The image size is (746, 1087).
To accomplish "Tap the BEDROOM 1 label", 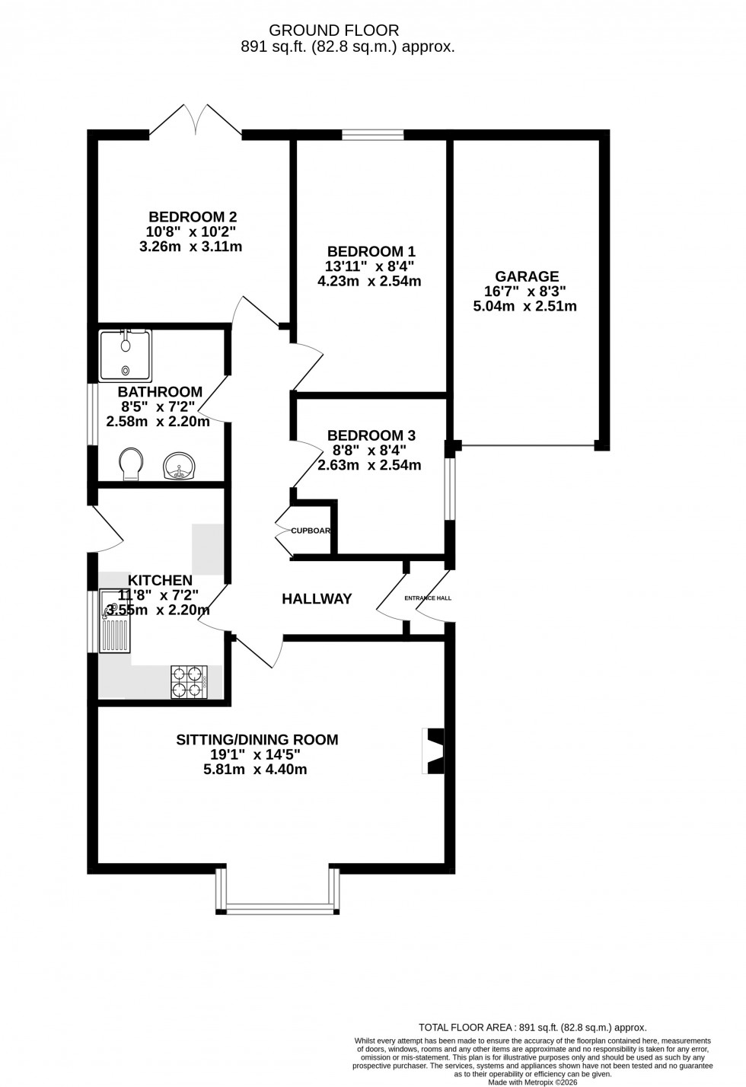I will pyautogui.click(x=371, y=251).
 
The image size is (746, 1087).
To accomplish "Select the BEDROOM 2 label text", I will pyautogui.click(x=187, y=216).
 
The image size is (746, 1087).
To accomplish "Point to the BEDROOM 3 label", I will pyautogui.click(x=371, y=435).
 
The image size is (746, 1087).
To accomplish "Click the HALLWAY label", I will pyautogui.click(x=317, y=599).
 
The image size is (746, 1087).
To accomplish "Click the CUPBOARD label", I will pyautogui.click(x=310, y=531).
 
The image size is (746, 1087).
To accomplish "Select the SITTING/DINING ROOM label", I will pyautogui.click(x=257, y=739).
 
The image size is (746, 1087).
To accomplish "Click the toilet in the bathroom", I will pyautogui.click(x=131, y=464).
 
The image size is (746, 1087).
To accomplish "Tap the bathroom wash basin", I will pyautogui.click(x=180, y=467).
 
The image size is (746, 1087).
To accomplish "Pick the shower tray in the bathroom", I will pyautogui.click(x=126, y=355).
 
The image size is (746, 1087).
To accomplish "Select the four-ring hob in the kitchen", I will pyautogui.click(x=190, y=681).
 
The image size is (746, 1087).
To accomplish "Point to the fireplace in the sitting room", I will pyautogui.click(x=434, y=751).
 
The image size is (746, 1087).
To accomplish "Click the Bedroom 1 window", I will pyautogui.click(x=372, y=135).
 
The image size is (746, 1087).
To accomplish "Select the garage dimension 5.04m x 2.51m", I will pyautogui.click(x=524, y=307).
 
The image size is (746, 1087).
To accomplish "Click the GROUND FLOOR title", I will pyautogui.click(x=334, y=30).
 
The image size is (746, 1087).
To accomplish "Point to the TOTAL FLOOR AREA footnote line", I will pyautogui.click(x=532, y=1027).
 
